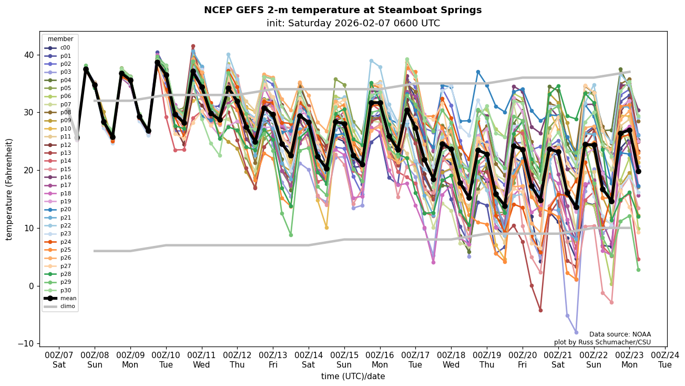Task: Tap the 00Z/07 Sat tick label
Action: click(59, 360)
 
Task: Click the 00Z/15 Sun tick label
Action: click(344, 360)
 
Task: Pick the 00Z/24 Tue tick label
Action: click(665, 360)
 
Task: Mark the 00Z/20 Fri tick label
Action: click(523, 360)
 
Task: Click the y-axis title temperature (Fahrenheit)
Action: click(9, 189)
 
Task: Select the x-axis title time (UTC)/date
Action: click(353, 377)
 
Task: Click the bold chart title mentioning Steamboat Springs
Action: click(343, 10)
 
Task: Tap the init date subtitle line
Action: click(353, 23)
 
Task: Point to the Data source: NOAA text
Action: click(620, 334)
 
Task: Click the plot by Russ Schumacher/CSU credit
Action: click(602, 342)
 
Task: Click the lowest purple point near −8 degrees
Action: click(576, 332)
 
